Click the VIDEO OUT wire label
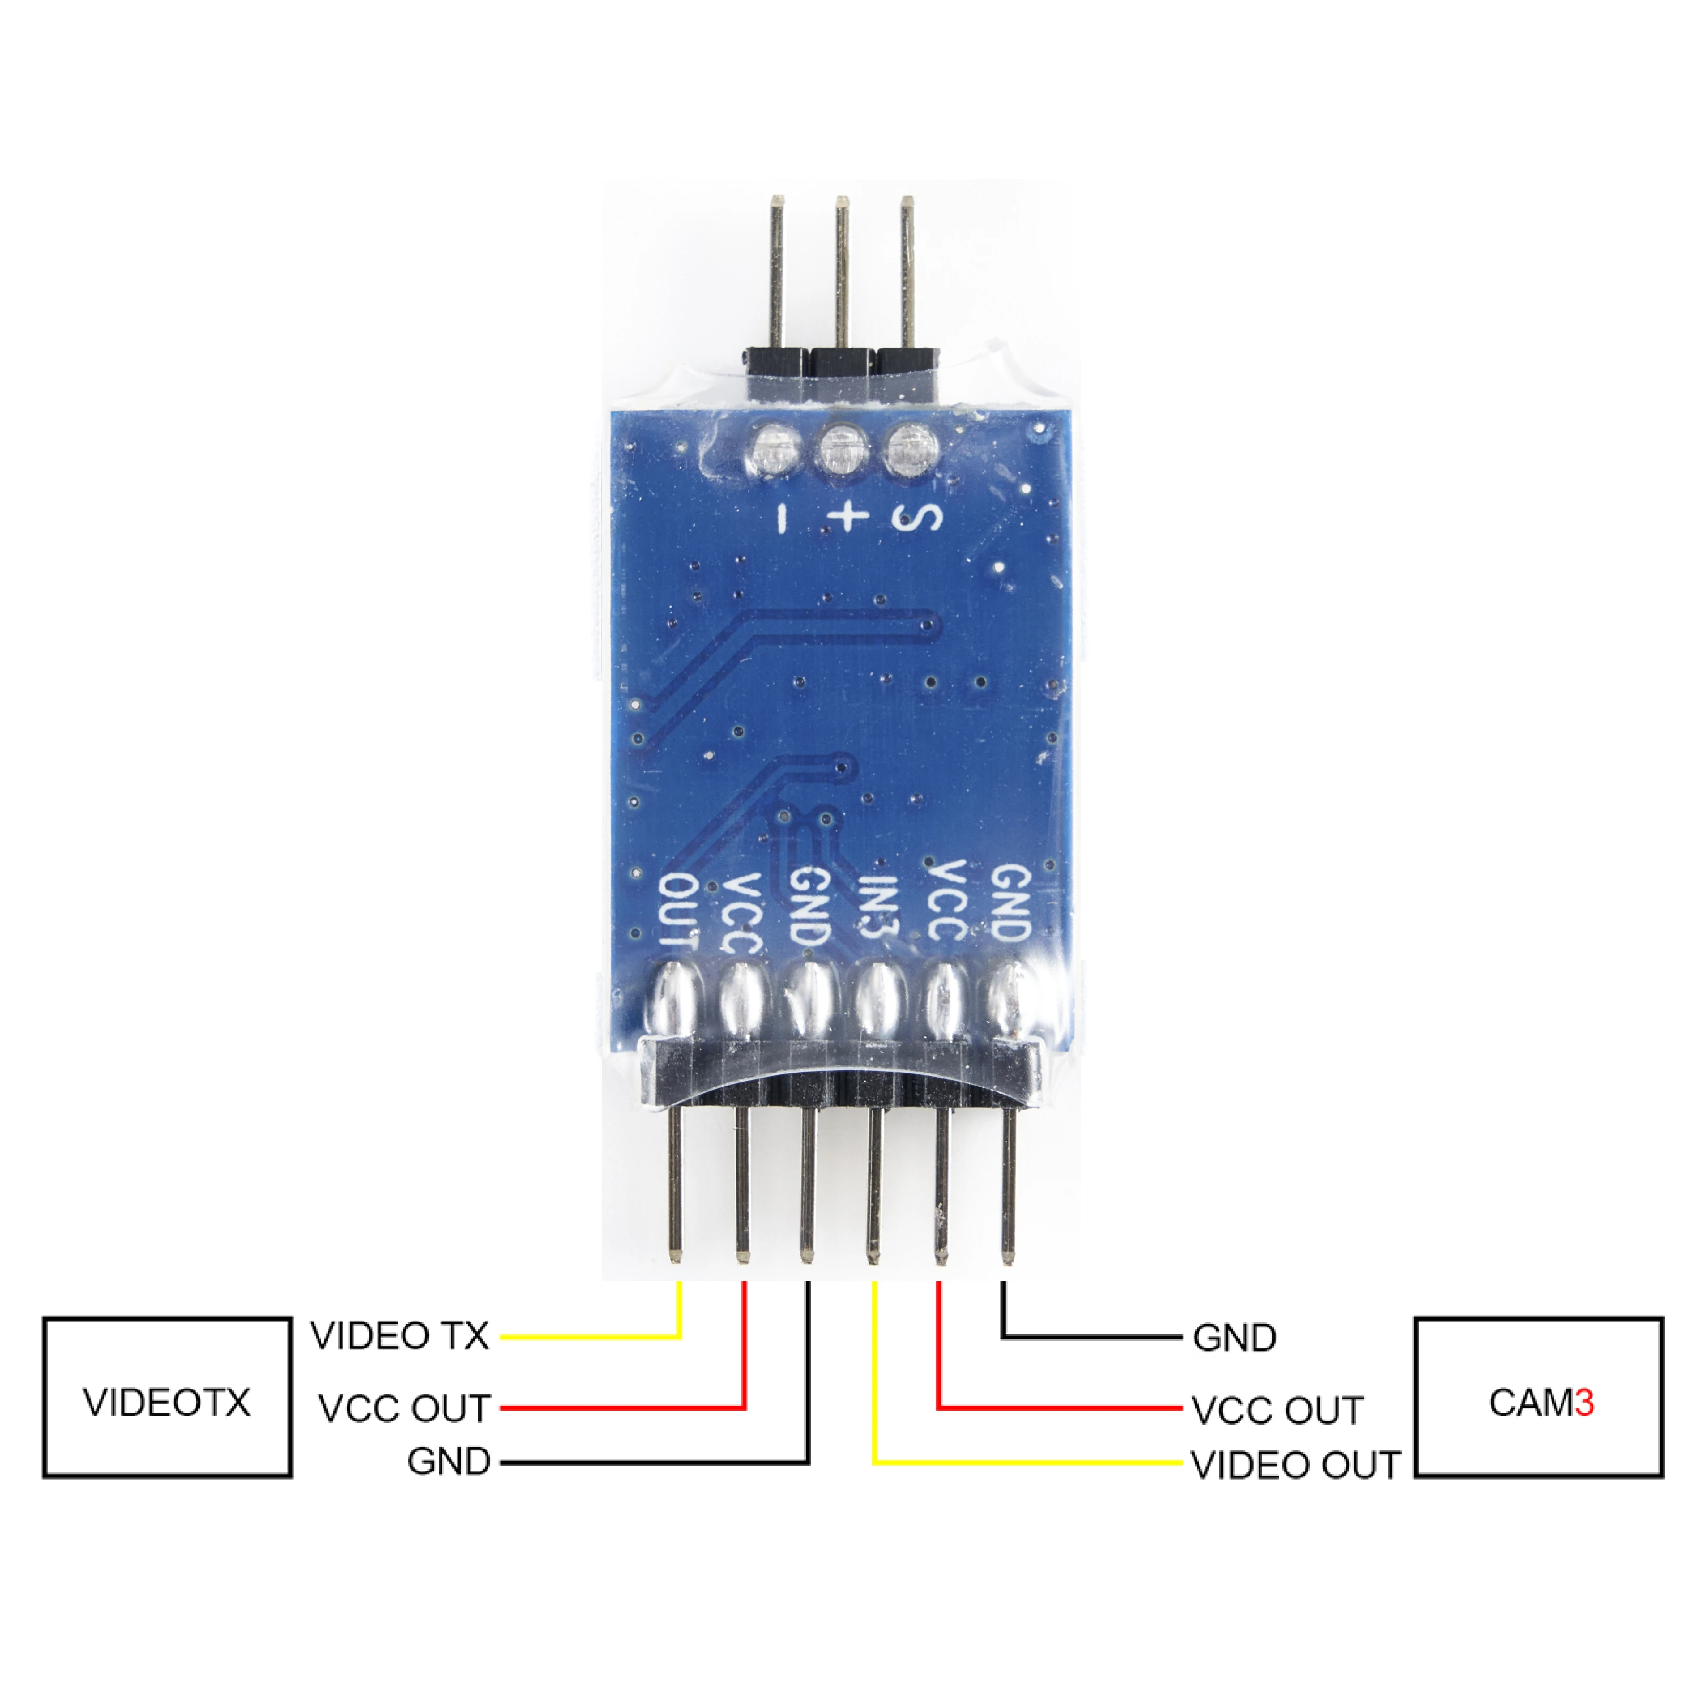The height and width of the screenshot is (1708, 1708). point(1295,1465)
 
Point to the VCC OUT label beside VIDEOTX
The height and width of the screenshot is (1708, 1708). point(404,1408)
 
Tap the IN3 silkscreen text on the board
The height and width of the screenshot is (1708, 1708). point(878,910)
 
